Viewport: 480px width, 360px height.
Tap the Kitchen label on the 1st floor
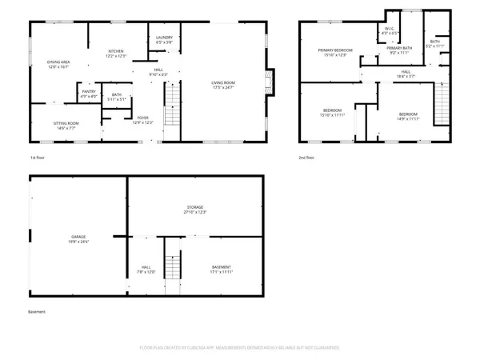(x=117, y=54)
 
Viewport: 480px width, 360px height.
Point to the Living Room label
(x=227, y=84)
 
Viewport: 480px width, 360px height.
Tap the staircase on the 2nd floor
(x=441, y=100)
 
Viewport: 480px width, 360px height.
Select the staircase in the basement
(x=170, y=266)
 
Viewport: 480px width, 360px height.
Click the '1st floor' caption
(x=38, y=158)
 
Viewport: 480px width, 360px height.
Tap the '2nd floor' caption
(x=306, y=158)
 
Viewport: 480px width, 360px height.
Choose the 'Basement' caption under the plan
(x=37, y=311)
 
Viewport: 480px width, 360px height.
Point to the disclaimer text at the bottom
(x=239, y=348)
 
